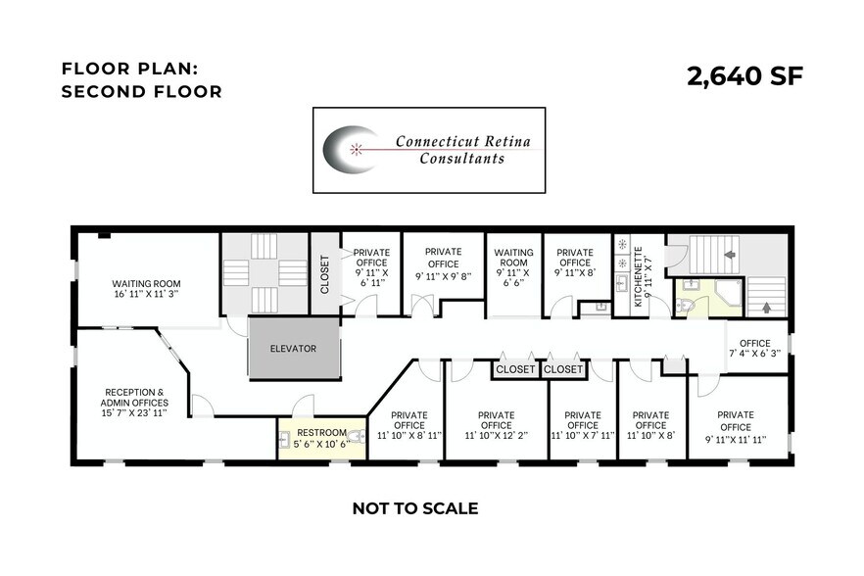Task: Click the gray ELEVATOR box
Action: [x=294, y=348]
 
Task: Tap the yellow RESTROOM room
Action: [x=322, y=438]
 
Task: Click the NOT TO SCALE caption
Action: [x=414, y=508]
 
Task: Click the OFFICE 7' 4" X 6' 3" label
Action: [x=754, y=348]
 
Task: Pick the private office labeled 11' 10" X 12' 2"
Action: [x=496, y=419]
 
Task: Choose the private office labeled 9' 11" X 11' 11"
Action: [x=736, y=420]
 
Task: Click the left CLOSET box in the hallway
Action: [x=515, y=369]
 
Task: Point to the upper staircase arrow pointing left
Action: [x=728, y=253]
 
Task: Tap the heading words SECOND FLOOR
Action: [x=141, y=92]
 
